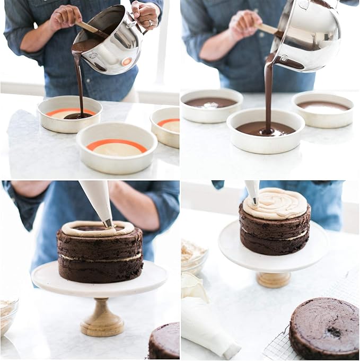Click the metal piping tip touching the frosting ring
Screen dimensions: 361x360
coord(108,223)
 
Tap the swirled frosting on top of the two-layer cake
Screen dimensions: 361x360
coord(275,203)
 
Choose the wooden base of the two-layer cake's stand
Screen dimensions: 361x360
coord(274,279)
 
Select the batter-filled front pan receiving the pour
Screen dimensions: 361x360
coord(265,130)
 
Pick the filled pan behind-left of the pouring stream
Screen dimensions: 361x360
coord(211,104)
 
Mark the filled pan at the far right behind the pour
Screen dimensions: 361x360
coord(323,107)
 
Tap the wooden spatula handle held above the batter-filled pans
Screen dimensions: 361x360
coord(268,28)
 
